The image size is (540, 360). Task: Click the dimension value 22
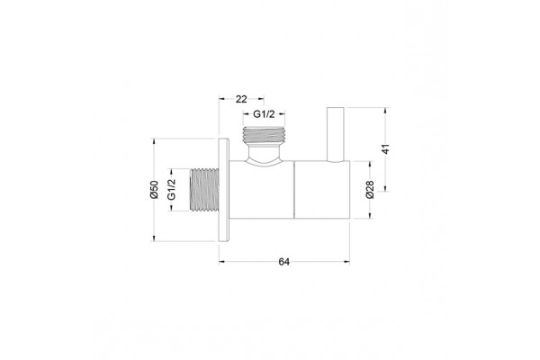(241, 99)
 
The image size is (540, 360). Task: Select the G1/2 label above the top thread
(264, 114)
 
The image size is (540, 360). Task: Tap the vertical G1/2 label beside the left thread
(171, 190)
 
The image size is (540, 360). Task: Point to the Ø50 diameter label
(154, 190)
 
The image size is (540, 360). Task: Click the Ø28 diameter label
(370, 190)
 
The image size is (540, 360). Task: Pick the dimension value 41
(386, 149)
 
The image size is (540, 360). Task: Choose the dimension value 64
(283, 262)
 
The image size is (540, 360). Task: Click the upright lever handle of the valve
(336, 134)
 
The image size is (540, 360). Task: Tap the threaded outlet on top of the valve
(264, 135)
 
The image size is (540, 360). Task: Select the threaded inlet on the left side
(204, 190)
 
